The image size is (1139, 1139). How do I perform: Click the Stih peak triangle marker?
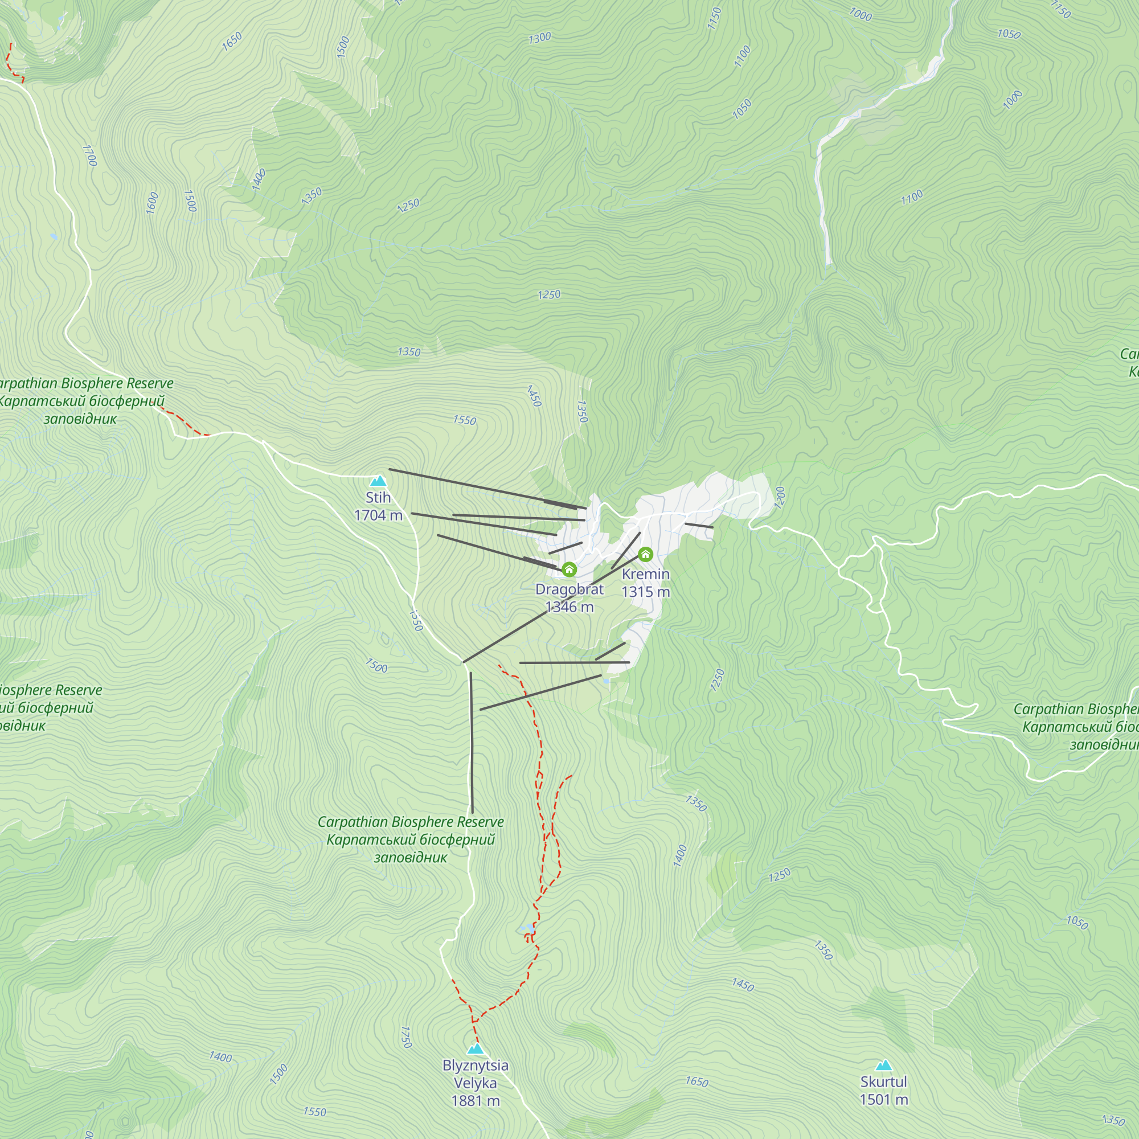pos(378,481)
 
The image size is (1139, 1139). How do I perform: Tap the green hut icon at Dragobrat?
pos(569,569)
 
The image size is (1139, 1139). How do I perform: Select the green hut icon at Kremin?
pos(646,554)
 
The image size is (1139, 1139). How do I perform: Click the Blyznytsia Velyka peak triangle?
pos(476,1049)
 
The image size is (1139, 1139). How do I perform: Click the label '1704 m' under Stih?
pos(378,515)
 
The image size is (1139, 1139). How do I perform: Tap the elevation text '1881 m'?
pos(475,1101)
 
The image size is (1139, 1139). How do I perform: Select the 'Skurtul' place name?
pos(883,1082)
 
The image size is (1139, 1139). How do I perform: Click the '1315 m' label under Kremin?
pos(646,591)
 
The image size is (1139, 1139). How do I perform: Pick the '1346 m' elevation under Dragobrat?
pos(569,607)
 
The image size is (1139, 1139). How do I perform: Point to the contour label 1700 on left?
pos(89,155)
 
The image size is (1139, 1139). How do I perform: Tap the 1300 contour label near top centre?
pos(539,38)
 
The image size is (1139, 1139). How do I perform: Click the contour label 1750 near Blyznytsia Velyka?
pos(405,1037)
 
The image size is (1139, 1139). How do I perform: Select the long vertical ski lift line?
pos(472,743)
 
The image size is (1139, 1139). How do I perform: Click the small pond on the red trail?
pos(531,930)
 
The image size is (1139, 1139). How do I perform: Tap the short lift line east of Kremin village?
pos(699,525)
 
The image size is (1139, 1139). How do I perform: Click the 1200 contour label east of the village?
pos(780,498)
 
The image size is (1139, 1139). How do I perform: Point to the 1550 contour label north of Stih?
pos(464,420)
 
